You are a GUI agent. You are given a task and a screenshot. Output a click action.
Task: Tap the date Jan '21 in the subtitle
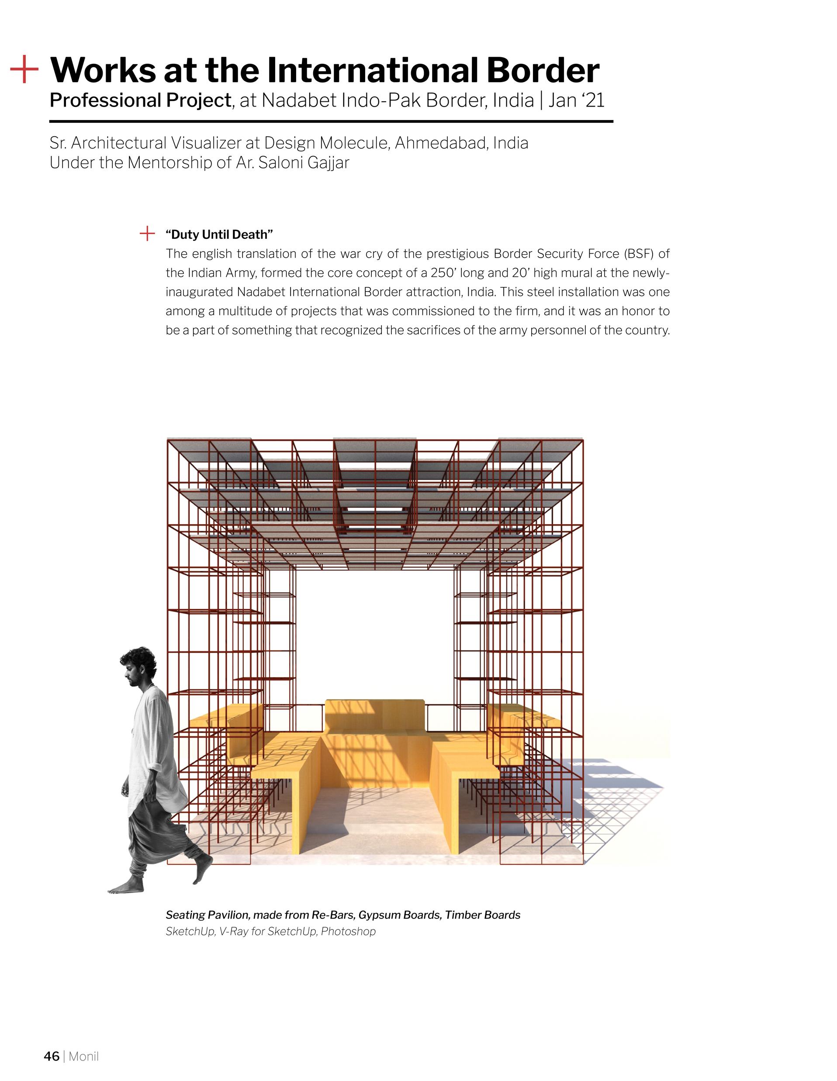click(x=576, y=100)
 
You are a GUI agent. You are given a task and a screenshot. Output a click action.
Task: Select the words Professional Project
click(x=140, y=100)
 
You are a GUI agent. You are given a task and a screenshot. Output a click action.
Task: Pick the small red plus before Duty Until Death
click(x=148, y=234)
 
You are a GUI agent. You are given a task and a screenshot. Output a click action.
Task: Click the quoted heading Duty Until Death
click(x=219, y=234)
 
